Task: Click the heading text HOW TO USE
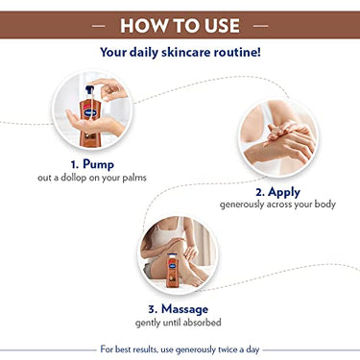[180, 26]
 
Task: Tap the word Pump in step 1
[98, 164]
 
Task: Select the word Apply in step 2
[284, 192]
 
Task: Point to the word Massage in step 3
[184, 309]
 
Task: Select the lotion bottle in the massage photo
[172, 270]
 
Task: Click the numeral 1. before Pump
[75, 164]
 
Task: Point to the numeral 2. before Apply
[260, 192]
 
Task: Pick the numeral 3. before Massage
[154, 309]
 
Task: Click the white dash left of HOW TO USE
[98, 26]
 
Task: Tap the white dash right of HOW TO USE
[261, 26]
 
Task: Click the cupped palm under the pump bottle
[95, 123]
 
